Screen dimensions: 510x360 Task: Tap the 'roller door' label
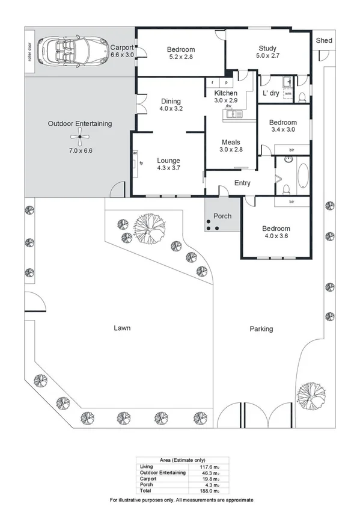29,51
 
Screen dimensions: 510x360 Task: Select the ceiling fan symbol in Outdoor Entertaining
80,137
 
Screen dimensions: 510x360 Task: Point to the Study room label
267,48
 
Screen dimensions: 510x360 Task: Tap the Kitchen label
226,93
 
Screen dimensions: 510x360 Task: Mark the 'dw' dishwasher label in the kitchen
228,106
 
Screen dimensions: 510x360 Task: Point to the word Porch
222,216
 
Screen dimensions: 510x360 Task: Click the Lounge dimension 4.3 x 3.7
168,168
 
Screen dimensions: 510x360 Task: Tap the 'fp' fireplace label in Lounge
141,163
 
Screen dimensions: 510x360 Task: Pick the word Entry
242,183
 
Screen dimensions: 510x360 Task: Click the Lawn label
122,328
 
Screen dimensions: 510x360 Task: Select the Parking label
261,329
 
